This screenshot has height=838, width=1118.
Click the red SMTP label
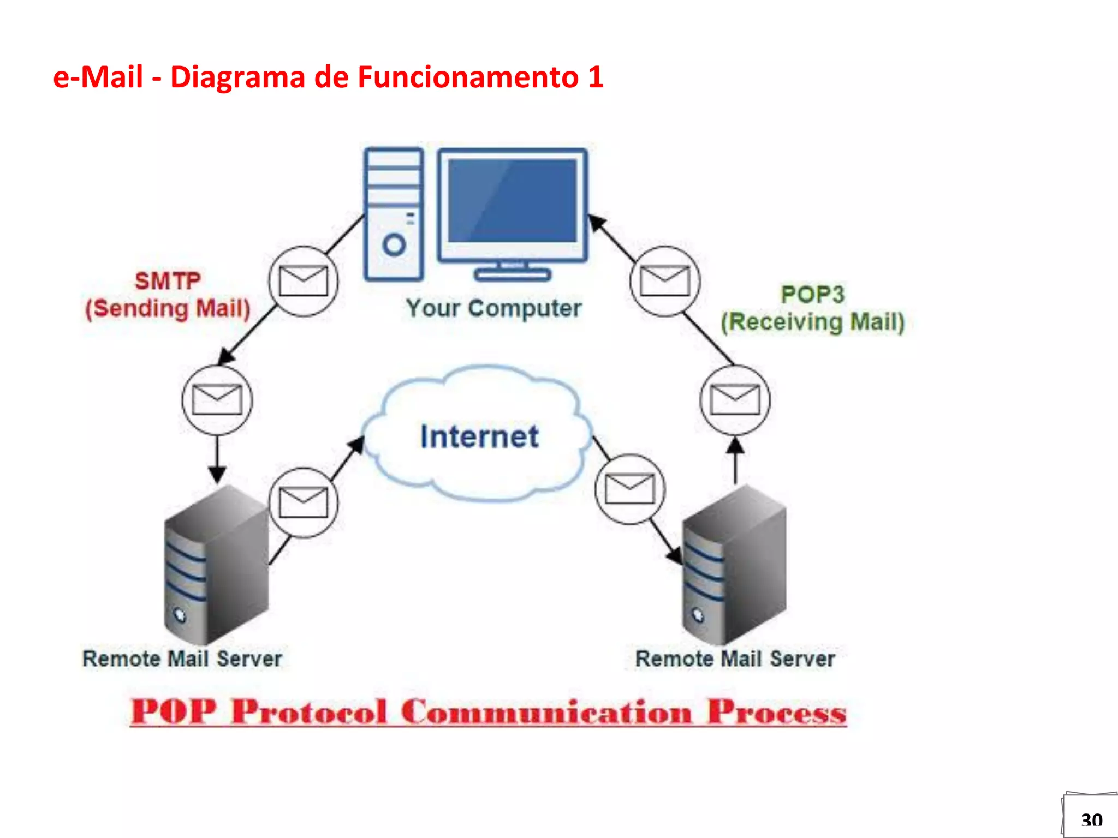click(168, 282)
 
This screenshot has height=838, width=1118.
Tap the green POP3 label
click(812, 295)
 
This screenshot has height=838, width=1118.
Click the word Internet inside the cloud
click(479, 436)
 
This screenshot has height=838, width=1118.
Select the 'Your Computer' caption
click(493, 308)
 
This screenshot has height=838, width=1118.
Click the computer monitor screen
click(512, 201)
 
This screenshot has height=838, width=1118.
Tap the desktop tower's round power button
click(394, 244)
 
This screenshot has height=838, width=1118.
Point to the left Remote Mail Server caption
click(182, 659)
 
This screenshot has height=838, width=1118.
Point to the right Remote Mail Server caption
click(735, 659)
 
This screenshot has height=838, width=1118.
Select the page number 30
click(1091, 820)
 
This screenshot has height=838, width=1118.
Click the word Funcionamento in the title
click(468, 77)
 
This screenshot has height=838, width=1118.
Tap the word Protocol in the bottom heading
click(309, 712)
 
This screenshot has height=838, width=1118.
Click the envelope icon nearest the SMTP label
click(304, 281)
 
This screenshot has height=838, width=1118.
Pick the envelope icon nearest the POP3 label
click(665, 281)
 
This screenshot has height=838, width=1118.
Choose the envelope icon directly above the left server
click(217, 400)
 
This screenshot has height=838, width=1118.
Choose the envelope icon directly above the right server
click(735, 400)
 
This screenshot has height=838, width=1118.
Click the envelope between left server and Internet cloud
click(304, 502)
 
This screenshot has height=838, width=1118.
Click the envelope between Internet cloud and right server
click(630, 489)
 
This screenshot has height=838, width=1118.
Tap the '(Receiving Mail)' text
click(812, 322)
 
